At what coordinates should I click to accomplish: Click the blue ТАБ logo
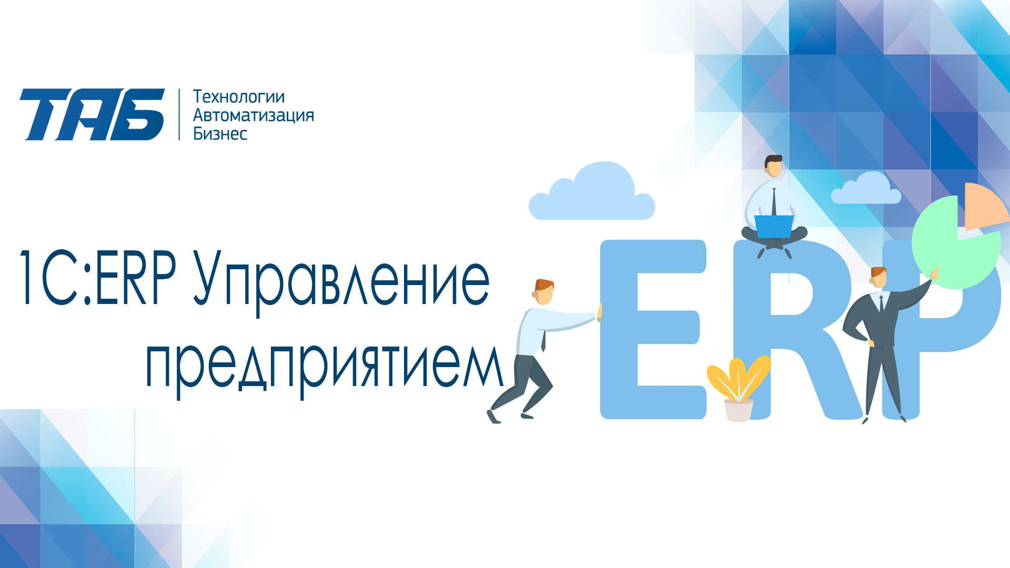click(92, 114)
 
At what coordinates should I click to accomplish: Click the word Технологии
click(239, 97)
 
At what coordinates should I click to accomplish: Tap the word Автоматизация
click(254, 115)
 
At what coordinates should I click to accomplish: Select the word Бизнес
click(220, 134)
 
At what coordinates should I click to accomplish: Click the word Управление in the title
click(341, 281)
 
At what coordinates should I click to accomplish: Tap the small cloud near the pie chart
click(866, 189)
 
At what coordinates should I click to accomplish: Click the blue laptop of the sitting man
click(774, 226)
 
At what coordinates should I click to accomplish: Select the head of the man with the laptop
click(773, 166)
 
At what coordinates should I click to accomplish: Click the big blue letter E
click(652, 329)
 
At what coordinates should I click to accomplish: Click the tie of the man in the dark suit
click(881, 304)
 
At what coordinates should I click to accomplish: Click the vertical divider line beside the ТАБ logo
click(179, 114)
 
